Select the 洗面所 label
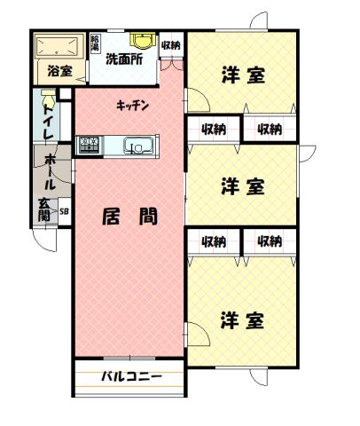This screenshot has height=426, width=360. pos(125,60)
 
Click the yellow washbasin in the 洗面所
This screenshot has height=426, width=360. pos(141,40)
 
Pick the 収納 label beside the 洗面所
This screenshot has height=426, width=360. pos(171,45)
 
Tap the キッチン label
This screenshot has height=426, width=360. pos(132,106)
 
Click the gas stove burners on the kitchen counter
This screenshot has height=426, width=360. pos(90,144)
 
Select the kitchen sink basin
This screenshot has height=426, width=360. pos(138,146)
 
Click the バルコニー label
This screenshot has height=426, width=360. pos(130,376)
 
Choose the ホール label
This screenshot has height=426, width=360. pos(50,171)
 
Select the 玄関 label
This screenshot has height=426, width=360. pos(43,210)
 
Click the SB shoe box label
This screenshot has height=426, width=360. pos(63,211)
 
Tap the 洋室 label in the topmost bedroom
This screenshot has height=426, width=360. pos(242,75)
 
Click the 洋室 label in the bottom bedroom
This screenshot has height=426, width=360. pos(242,319)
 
